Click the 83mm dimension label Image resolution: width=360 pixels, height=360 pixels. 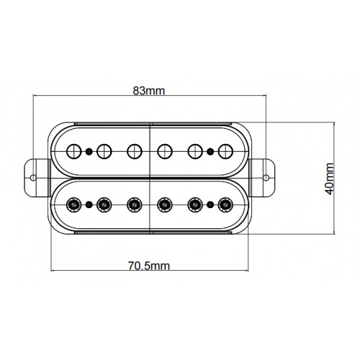[x=149, y=91]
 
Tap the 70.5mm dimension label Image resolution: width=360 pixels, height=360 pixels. [x=149, y=266]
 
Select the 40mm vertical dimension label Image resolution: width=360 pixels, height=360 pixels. [x=329, y=179]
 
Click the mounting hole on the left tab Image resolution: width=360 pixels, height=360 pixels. [x=33, y=178]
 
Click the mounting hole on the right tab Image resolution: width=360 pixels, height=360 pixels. [x=266, y=178]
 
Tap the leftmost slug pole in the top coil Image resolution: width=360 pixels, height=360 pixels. [x=74, y=151]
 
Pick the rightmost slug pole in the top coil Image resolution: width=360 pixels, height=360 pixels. [x=225, y=151]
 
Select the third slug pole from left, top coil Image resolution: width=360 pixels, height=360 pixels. [x=135, y=151]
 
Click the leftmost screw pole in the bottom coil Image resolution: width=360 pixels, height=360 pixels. [x=74, y=204]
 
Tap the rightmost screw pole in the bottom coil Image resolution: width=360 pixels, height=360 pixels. [x=225, y=204]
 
